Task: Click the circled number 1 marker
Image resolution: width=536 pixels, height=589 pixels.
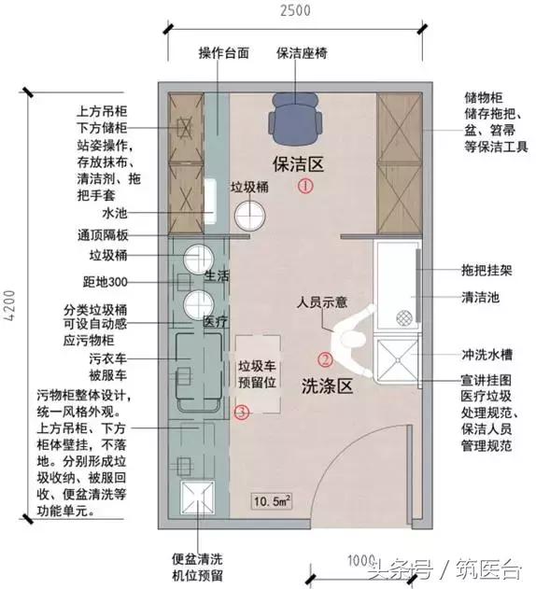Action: [x=304, y=187]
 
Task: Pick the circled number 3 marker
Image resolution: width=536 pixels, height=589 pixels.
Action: [x=242, y=411]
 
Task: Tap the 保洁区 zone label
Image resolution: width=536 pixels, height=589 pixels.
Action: [x=297, y=164]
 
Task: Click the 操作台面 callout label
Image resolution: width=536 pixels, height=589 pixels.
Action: [x=224, y=53]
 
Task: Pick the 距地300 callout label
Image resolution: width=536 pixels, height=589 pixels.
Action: [x=110, y=282]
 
